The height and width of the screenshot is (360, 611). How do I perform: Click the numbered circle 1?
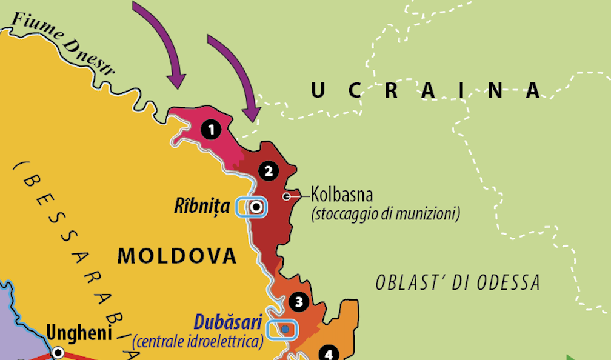pyautogui.click(x=211, y=129)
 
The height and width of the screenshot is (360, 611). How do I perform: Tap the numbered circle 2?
pyautogui.click(x=268, y=171)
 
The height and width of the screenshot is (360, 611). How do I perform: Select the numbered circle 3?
pyautogui.click(x=298, y=301)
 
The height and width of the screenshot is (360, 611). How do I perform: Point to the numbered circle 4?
pyautogui.click(x=329, y=353)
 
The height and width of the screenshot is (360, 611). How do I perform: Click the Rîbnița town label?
pyautogui.click(x=202, y=207)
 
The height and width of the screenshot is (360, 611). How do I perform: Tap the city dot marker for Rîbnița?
pyautogui.click(x=256, y=207)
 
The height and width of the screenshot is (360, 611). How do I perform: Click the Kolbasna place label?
pyautogui.click(x=342, y=196)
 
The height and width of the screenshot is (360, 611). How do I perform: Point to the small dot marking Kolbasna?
pyautogui.click(x=287, y=196)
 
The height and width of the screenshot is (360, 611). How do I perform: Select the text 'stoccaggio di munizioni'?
pyautogui.click(x=386, y=214)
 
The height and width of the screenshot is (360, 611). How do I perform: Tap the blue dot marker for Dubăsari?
pyautogui.click(x=285, y=328)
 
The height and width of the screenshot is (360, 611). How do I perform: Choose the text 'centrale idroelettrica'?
pyautogui.click(x=198, y=341)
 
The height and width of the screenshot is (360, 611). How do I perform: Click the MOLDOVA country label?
pyautogui.click(x=177, y=255)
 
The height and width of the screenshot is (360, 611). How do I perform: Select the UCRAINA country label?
pyautogui.click(x=426, y=90)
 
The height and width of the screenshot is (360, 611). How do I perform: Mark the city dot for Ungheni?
pyautogui.click(x=58, y=352)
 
